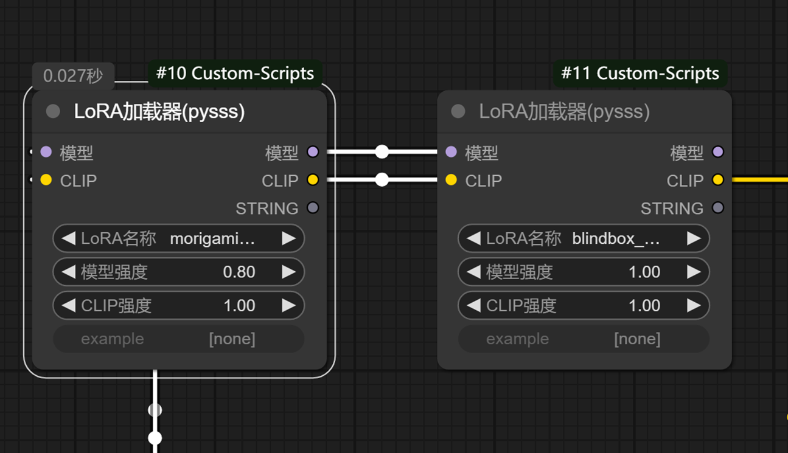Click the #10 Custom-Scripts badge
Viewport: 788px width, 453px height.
[235, 74]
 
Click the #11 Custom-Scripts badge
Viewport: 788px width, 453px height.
[640, 74]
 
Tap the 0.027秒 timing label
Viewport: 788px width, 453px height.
[73, 76]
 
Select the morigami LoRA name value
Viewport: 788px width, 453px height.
[212, 238]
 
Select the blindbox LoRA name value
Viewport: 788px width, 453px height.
[616, 238]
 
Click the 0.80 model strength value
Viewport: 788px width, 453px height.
[239, 272]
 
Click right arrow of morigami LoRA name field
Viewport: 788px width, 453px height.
[288, 238]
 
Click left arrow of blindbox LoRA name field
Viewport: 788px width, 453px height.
[473, 238]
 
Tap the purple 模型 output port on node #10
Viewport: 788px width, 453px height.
[313, 151]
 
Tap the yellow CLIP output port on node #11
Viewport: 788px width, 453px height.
[718, 180]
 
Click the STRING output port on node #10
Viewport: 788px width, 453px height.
[313, 208]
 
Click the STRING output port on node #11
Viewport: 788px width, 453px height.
[718, 208]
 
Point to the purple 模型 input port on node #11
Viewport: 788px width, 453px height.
[451, 151]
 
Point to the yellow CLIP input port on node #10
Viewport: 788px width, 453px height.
[46, 180]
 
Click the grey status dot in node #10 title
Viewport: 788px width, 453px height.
[53, 111]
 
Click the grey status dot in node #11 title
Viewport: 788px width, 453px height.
[458, 111]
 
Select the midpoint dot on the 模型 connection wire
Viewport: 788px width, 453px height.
[382, 151]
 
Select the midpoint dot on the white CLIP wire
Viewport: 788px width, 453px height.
[382, 180]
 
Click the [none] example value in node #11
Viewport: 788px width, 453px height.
[636, 339]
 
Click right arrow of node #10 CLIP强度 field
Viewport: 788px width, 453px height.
[288, 305]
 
